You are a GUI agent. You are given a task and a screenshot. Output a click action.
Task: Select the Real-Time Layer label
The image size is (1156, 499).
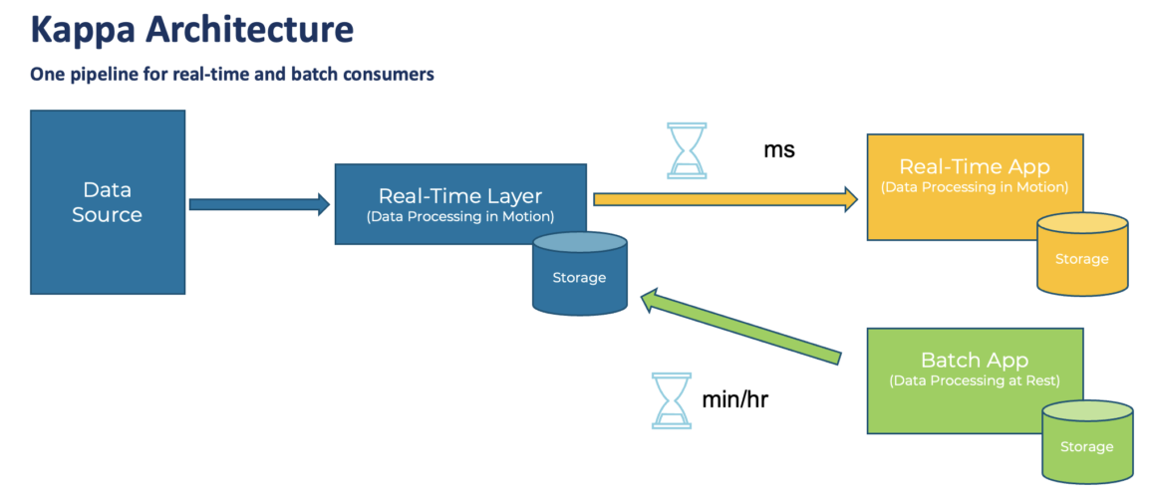pyautogui.click(x=459, y=196)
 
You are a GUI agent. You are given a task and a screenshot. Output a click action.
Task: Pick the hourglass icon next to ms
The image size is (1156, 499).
pyautogui.click(x=687, y=150)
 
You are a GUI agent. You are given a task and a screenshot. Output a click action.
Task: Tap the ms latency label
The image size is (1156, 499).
pyautogui.click(x=779, y=150)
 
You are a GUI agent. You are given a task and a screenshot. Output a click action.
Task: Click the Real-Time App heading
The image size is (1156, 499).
pyautogui.click(x=974, y=166)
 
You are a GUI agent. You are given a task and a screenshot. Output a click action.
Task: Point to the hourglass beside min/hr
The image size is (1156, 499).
pyautogui.click(x=671, y=400)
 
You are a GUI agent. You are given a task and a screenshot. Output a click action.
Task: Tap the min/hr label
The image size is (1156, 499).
pyautogui.click(x=734, y=400)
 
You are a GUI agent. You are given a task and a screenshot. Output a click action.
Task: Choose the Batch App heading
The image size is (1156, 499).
pyautogui.click(x=974, y=360)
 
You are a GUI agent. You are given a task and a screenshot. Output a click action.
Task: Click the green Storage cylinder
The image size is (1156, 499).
pyautogui.click(x=1086, y=442)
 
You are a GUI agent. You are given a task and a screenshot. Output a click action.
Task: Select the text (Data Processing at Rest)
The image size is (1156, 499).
pyautogui.click(x=974, y=380)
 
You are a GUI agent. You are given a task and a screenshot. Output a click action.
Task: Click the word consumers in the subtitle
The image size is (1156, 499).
pyautogui.click(x=388, y=75)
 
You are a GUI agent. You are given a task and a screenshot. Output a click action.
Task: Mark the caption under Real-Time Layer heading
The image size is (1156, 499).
pyautogui.click(x=459, y=216)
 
